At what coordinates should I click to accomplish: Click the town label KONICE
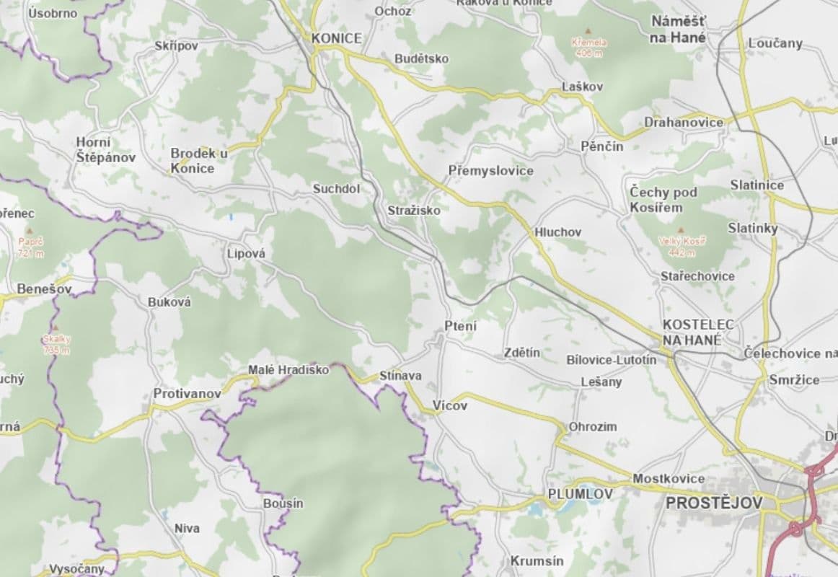336,38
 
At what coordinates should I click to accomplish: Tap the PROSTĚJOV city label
713,502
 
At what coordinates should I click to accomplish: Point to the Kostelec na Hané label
697,332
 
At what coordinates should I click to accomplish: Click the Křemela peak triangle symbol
589,32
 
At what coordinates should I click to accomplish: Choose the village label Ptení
460,326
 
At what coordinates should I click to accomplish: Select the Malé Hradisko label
288,370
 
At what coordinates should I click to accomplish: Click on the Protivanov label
188,394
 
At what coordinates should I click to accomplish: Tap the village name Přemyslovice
490,171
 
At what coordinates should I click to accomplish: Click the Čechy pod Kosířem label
663,200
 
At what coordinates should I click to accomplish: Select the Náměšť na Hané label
678,29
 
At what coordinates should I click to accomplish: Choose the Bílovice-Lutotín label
612,359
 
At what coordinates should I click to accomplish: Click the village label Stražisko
413,210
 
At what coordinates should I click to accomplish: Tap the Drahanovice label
684,122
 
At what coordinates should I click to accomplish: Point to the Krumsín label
537,560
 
